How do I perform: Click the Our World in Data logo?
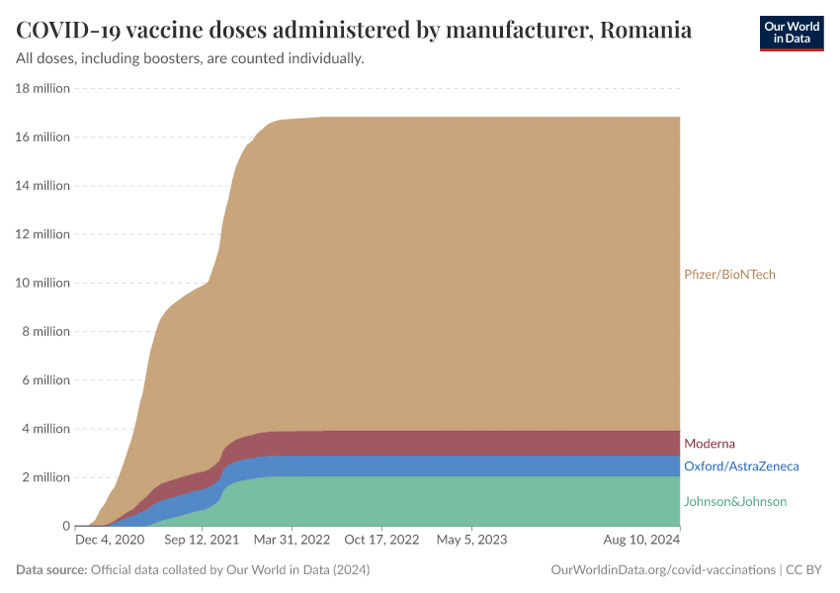click(x=791, y=33)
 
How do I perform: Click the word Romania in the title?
click(x=645, y=30)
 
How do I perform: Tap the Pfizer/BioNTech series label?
click(x=729, y=275)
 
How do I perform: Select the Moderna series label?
click(x=709, y=444)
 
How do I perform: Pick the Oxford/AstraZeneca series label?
click(x=740, y=466)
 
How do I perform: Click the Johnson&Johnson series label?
click(x=734, y=502)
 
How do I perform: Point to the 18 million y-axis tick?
click(x=42, y=88)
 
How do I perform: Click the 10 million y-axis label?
click(x=42, y=283)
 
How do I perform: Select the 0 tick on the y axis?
click(x=64, y=526)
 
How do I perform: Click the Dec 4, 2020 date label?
click(x=110, y=541)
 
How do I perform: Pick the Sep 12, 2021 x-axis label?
click(x=201, y=541)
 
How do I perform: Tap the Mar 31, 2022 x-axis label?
click(x=293, y=541)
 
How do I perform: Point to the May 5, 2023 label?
click(x=471, y=541)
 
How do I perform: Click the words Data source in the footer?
click(x=51, y=570)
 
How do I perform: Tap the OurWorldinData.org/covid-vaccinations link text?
click(x=661, y=570)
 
